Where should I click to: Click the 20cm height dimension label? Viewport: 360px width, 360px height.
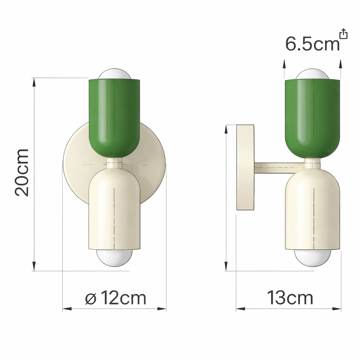(22, 172)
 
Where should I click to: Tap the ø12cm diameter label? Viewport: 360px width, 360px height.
(116, 298)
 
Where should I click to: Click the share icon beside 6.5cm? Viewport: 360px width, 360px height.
(343, 34)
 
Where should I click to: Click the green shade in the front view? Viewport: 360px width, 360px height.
(114, 116)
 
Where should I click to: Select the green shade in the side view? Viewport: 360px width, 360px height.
(312, 116)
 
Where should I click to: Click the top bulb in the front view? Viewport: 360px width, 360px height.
(114, 75)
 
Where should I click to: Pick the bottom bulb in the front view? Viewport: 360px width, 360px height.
(114, 258)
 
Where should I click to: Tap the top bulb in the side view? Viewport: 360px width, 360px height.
(312, 75)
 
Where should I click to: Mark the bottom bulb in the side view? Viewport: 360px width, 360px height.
(312, 258)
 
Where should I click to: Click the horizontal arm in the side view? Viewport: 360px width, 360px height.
(278, 168)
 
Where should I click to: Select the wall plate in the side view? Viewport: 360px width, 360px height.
(245, 167)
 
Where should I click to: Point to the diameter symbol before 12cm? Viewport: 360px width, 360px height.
(91, 299)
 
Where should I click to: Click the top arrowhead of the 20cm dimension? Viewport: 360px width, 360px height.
(34, 82)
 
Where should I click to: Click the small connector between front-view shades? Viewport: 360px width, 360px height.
(114, 162)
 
